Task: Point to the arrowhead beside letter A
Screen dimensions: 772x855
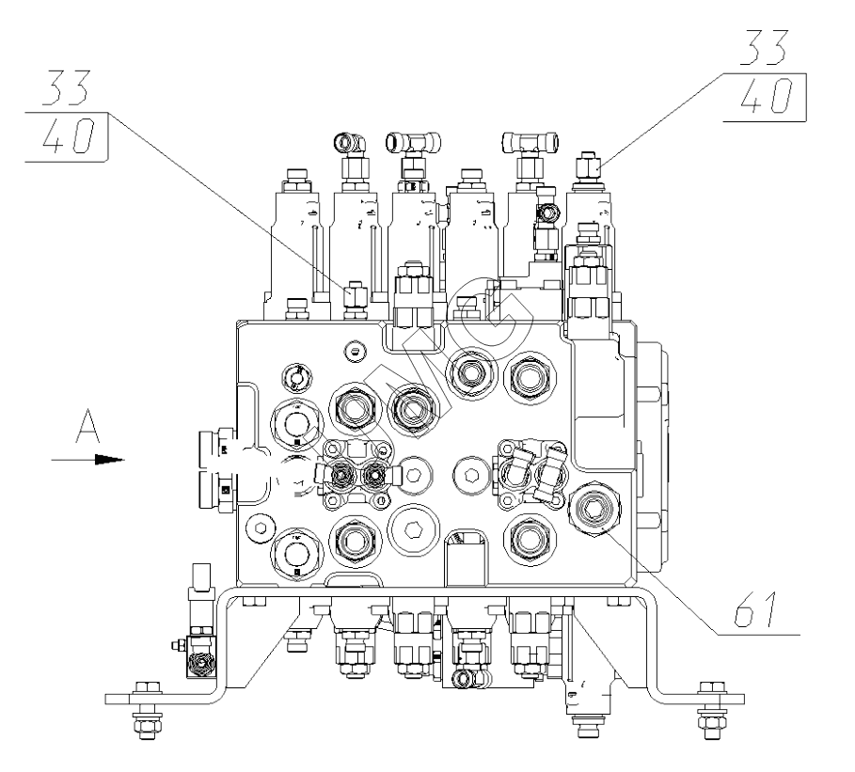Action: tap(111, 461)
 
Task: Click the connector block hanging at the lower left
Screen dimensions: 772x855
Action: tap(199, 663)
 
